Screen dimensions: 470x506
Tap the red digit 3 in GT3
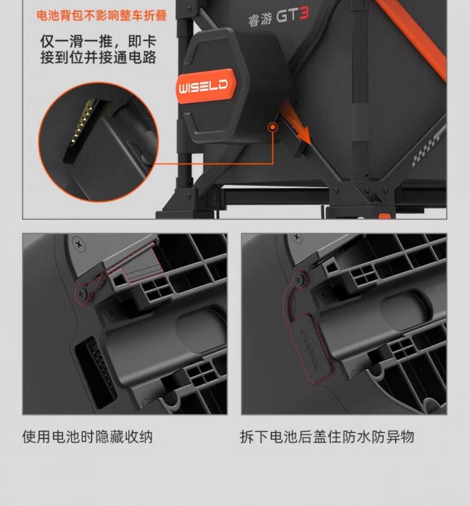(304, 14)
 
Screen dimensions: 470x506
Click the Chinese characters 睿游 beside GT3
(260, 19)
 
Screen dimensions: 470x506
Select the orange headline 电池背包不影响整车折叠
(102, 16)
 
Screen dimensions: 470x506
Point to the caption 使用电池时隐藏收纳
(87, 437)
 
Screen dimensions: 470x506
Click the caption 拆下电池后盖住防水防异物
(327, 437)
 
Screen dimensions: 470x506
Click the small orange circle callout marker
(273, 127)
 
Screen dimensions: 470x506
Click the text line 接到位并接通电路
(98, 57)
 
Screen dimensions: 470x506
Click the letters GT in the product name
(286, 16)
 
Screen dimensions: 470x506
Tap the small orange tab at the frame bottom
(385, 216)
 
